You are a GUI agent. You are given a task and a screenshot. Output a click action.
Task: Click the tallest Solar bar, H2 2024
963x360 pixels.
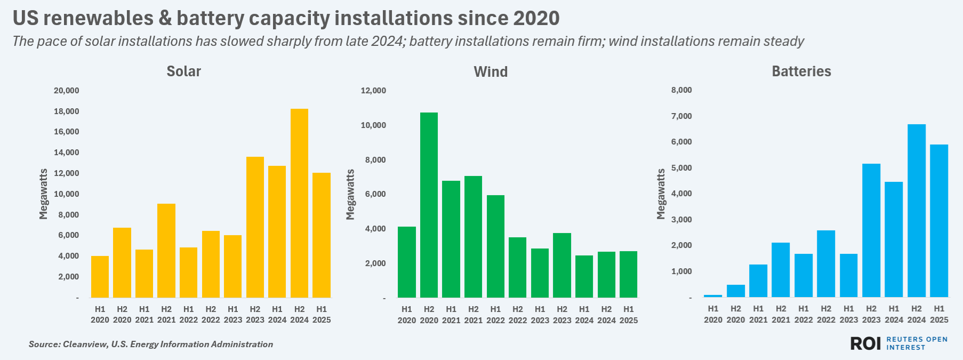pos(299,203)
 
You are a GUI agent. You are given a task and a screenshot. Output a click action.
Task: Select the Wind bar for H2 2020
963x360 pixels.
pos(429,205)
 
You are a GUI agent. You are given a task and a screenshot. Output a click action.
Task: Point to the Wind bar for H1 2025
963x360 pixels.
pos(628,274)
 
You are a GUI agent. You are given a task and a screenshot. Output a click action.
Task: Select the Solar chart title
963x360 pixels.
pos(183,71)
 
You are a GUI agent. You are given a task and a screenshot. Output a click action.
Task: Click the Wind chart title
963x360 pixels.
pos(491,71)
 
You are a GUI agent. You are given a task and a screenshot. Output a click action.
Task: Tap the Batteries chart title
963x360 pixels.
pos(801,71)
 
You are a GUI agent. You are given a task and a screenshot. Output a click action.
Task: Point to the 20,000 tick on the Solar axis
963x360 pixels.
pos(66,91)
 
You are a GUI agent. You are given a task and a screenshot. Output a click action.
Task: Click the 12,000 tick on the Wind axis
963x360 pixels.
pos(373,91)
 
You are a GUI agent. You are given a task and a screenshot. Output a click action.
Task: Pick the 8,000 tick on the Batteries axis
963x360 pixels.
pos(681,91)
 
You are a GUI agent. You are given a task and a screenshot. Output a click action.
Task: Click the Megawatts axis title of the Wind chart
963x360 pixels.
pos(350,194)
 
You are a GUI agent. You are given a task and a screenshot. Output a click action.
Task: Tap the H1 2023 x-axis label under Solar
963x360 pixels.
pos(233,314)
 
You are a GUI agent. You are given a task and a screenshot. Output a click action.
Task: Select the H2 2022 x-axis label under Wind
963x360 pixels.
pos(518,314)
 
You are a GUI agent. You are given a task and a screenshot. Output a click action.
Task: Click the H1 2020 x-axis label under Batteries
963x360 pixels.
pos(713,314)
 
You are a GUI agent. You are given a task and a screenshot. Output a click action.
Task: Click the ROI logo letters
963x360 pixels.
pos(865,343)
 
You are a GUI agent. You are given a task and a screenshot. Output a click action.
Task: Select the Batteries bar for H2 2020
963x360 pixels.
pos(736,291)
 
